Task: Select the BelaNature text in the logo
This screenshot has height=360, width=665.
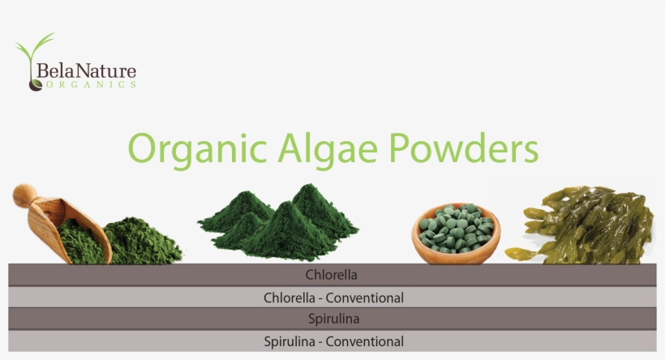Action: (x=86, y=71)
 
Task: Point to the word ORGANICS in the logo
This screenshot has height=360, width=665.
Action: (x=89, y=84)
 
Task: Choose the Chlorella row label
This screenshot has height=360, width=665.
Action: (x=332, y=275)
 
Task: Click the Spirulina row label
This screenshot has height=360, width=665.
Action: (x=332, y=319)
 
